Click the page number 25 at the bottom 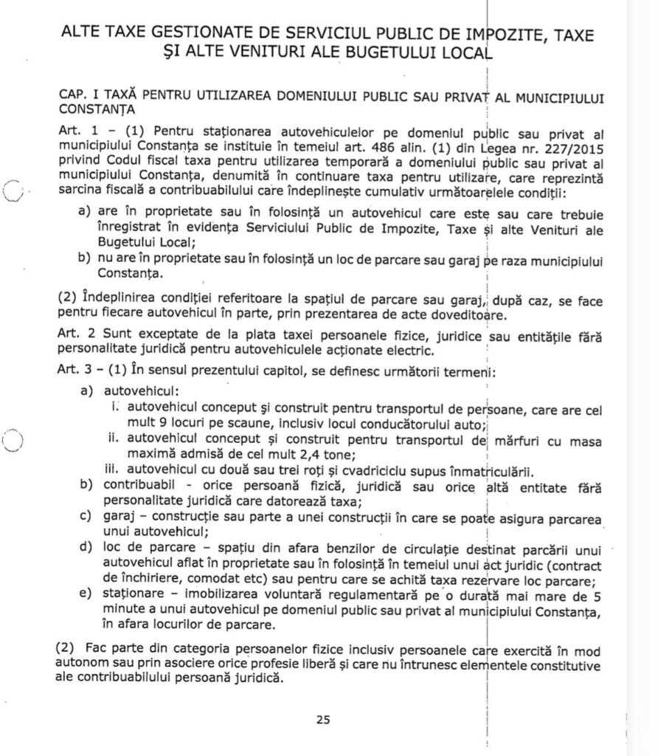coord(323,721)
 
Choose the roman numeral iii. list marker coord(114,470)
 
